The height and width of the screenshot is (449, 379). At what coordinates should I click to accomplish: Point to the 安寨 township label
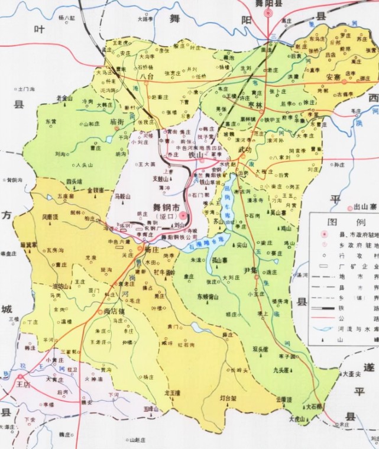click(x=333, y=77)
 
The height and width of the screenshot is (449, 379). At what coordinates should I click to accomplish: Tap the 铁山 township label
click(x=196, y=154)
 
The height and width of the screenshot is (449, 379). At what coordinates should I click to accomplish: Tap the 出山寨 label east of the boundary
click(x=365, y=207)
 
